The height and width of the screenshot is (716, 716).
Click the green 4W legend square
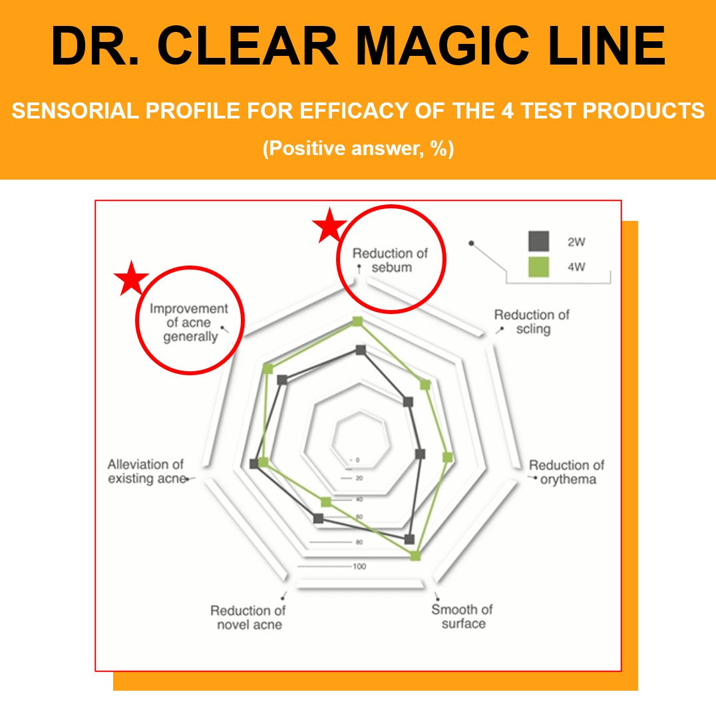[x=538, y=267]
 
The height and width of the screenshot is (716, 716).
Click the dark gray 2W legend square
[x=538, y=241]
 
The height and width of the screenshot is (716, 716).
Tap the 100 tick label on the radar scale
[x=359, y=566]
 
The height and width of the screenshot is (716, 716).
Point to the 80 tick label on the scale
[x=359, y=542]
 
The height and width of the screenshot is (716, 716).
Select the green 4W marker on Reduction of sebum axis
[x=357, y=322]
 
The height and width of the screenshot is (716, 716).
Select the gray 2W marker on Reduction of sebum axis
[x=361, y=350]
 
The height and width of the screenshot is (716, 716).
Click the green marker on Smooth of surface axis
[x=415, y=556]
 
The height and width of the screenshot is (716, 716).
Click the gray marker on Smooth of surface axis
[x=410, y=539]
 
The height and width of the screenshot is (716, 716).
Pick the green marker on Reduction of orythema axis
[x=447, y=457]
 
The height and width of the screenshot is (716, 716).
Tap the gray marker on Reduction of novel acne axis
[x=319, y=519]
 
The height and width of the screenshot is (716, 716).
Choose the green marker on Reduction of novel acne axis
[x=325, y=502]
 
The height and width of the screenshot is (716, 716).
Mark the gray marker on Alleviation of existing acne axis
[x=254, y=464]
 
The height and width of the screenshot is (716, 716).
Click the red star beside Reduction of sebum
[x=329, y=225]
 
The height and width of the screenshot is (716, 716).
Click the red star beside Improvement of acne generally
[x=132, y=278]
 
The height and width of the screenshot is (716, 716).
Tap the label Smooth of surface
[x=462, y=616]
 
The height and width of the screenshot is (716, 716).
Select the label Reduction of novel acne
[x=248, y=618]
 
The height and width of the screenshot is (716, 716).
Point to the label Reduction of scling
[x=532, y=322]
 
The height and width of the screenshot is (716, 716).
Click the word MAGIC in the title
[x=442, y=46]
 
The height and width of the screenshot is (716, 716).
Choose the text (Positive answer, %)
[x=358, y=148]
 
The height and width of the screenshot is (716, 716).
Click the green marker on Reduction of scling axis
[x=425, y=385]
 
